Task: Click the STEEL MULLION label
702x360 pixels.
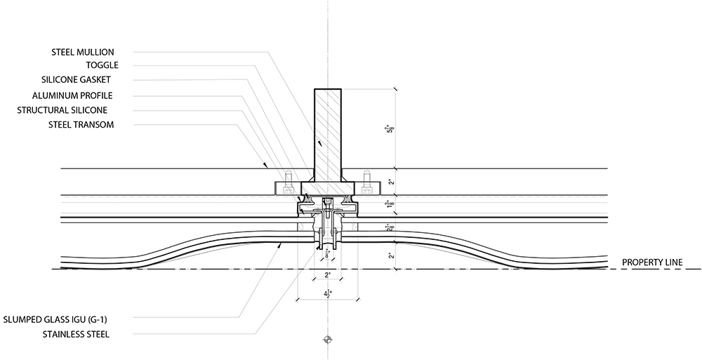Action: pos(84,52)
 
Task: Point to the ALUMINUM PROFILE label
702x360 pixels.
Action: pos(72,95)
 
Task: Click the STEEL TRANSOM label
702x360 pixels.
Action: pos(81,125)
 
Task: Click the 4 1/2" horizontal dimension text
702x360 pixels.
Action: pos(326,295)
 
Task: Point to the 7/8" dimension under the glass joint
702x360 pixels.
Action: pos(327,253)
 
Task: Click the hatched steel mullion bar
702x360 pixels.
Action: pos(327,133)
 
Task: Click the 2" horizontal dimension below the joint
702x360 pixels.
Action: pos(326,276)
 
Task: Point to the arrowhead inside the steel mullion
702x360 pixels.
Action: pos(320,143)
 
